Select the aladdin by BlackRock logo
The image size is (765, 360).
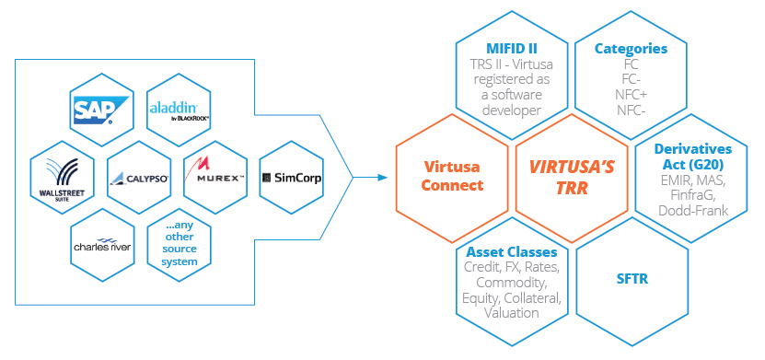(180, 111)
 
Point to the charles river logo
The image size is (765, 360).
(102, 247)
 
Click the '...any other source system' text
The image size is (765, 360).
(180, 243)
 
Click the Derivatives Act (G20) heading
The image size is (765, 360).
(691, 157)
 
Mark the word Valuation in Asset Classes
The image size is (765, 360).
(512, 312)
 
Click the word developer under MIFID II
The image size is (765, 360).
(512, 110)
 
